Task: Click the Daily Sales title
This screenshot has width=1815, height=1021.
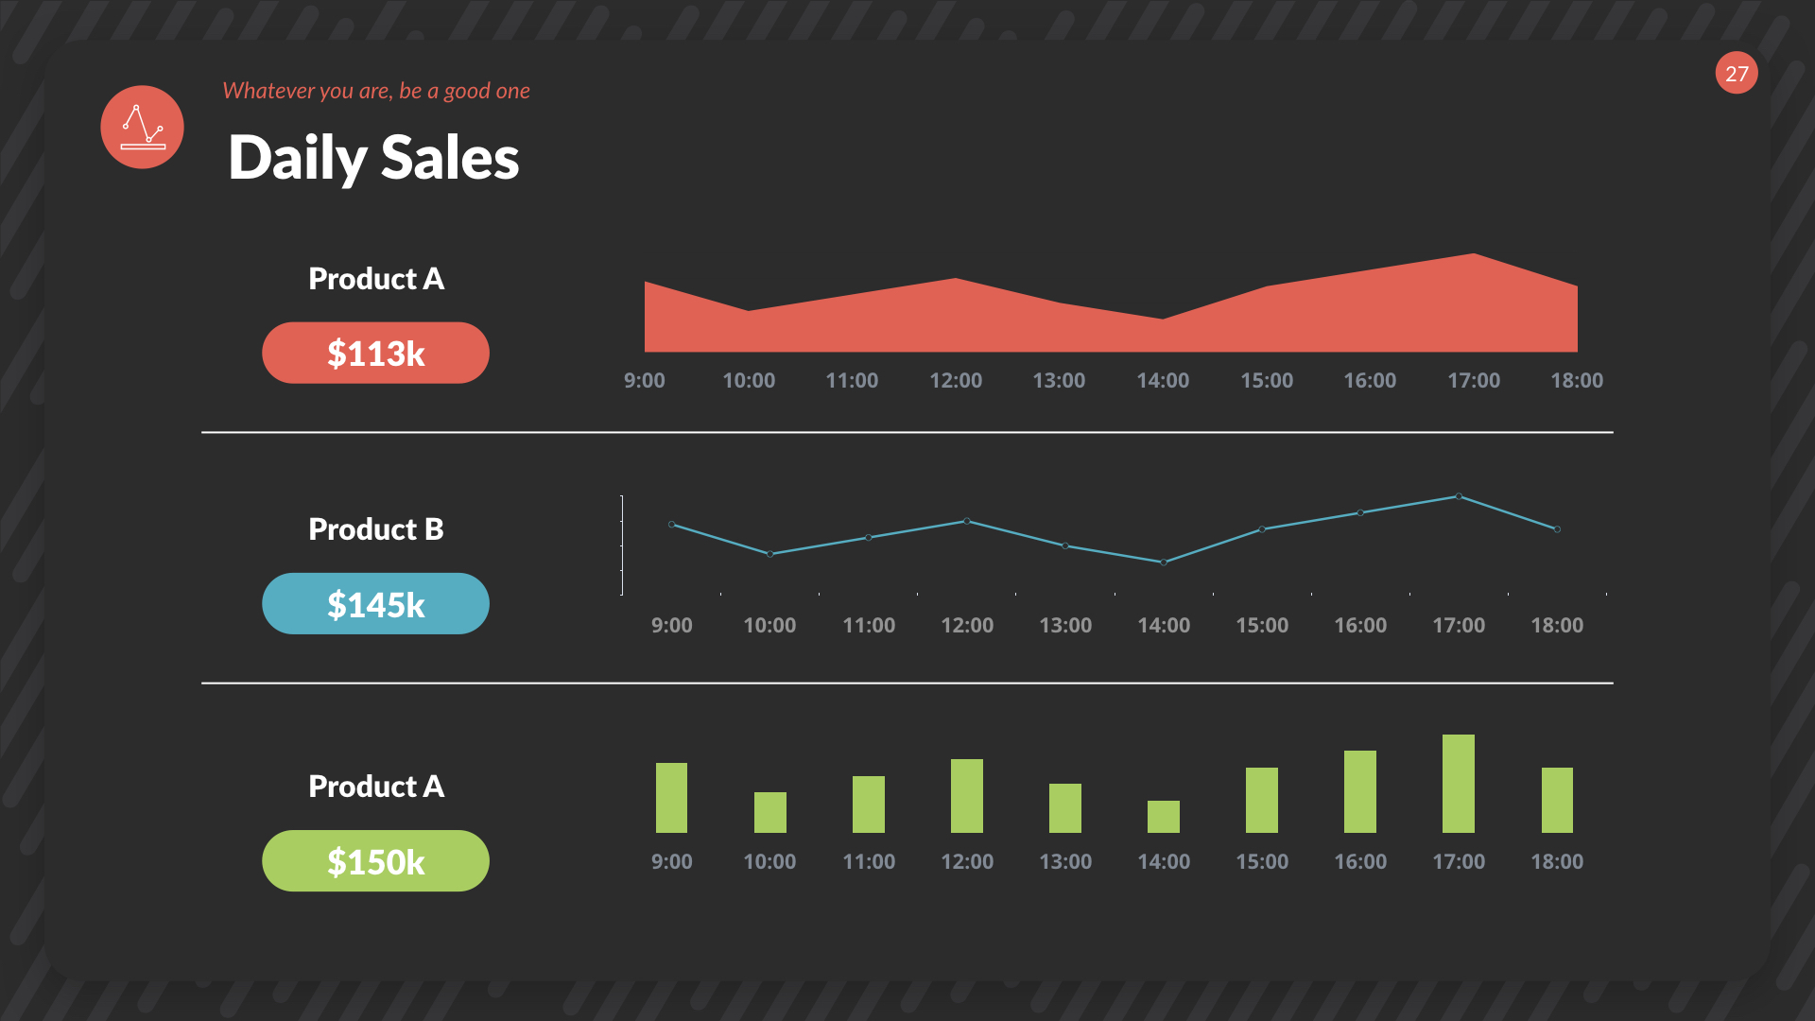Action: point(373,158)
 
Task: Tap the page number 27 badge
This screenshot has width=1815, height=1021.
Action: point(1737,74)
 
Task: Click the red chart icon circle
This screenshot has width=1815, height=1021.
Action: point(143,128)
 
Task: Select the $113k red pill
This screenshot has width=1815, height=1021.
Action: point(375,354)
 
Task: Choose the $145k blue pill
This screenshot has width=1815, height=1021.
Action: point(375,604)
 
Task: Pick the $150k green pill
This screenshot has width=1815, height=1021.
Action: point(375,861)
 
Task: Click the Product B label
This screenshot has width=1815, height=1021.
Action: point(375,529)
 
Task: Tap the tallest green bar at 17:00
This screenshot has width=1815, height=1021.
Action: point(1459,784)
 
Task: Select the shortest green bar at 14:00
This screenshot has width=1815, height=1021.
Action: point(1164,817)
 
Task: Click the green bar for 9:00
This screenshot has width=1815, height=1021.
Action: point(671,798)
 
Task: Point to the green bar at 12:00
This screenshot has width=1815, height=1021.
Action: point(967,796)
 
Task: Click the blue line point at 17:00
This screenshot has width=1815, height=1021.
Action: point(1459,496)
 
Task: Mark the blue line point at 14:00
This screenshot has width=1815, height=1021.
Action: point(1164,562)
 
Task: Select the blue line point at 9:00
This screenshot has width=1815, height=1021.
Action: point(672,525)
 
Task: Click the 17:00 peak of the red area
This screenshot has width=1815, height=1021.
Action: point(1474,256)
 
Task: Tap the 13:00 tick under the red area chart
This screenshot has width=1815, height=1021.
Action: point(1059,380)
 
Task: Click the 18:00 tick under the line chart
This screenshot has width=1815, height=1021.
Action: point(1557,625)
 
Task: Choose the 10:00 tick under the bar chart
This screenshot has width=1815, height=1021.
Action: point(769,861)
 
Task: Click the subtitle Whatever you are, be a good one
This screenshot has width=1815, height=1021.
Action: point(375,91)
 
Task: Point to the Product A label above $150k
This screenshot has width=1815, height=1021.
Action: point(375,787)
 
